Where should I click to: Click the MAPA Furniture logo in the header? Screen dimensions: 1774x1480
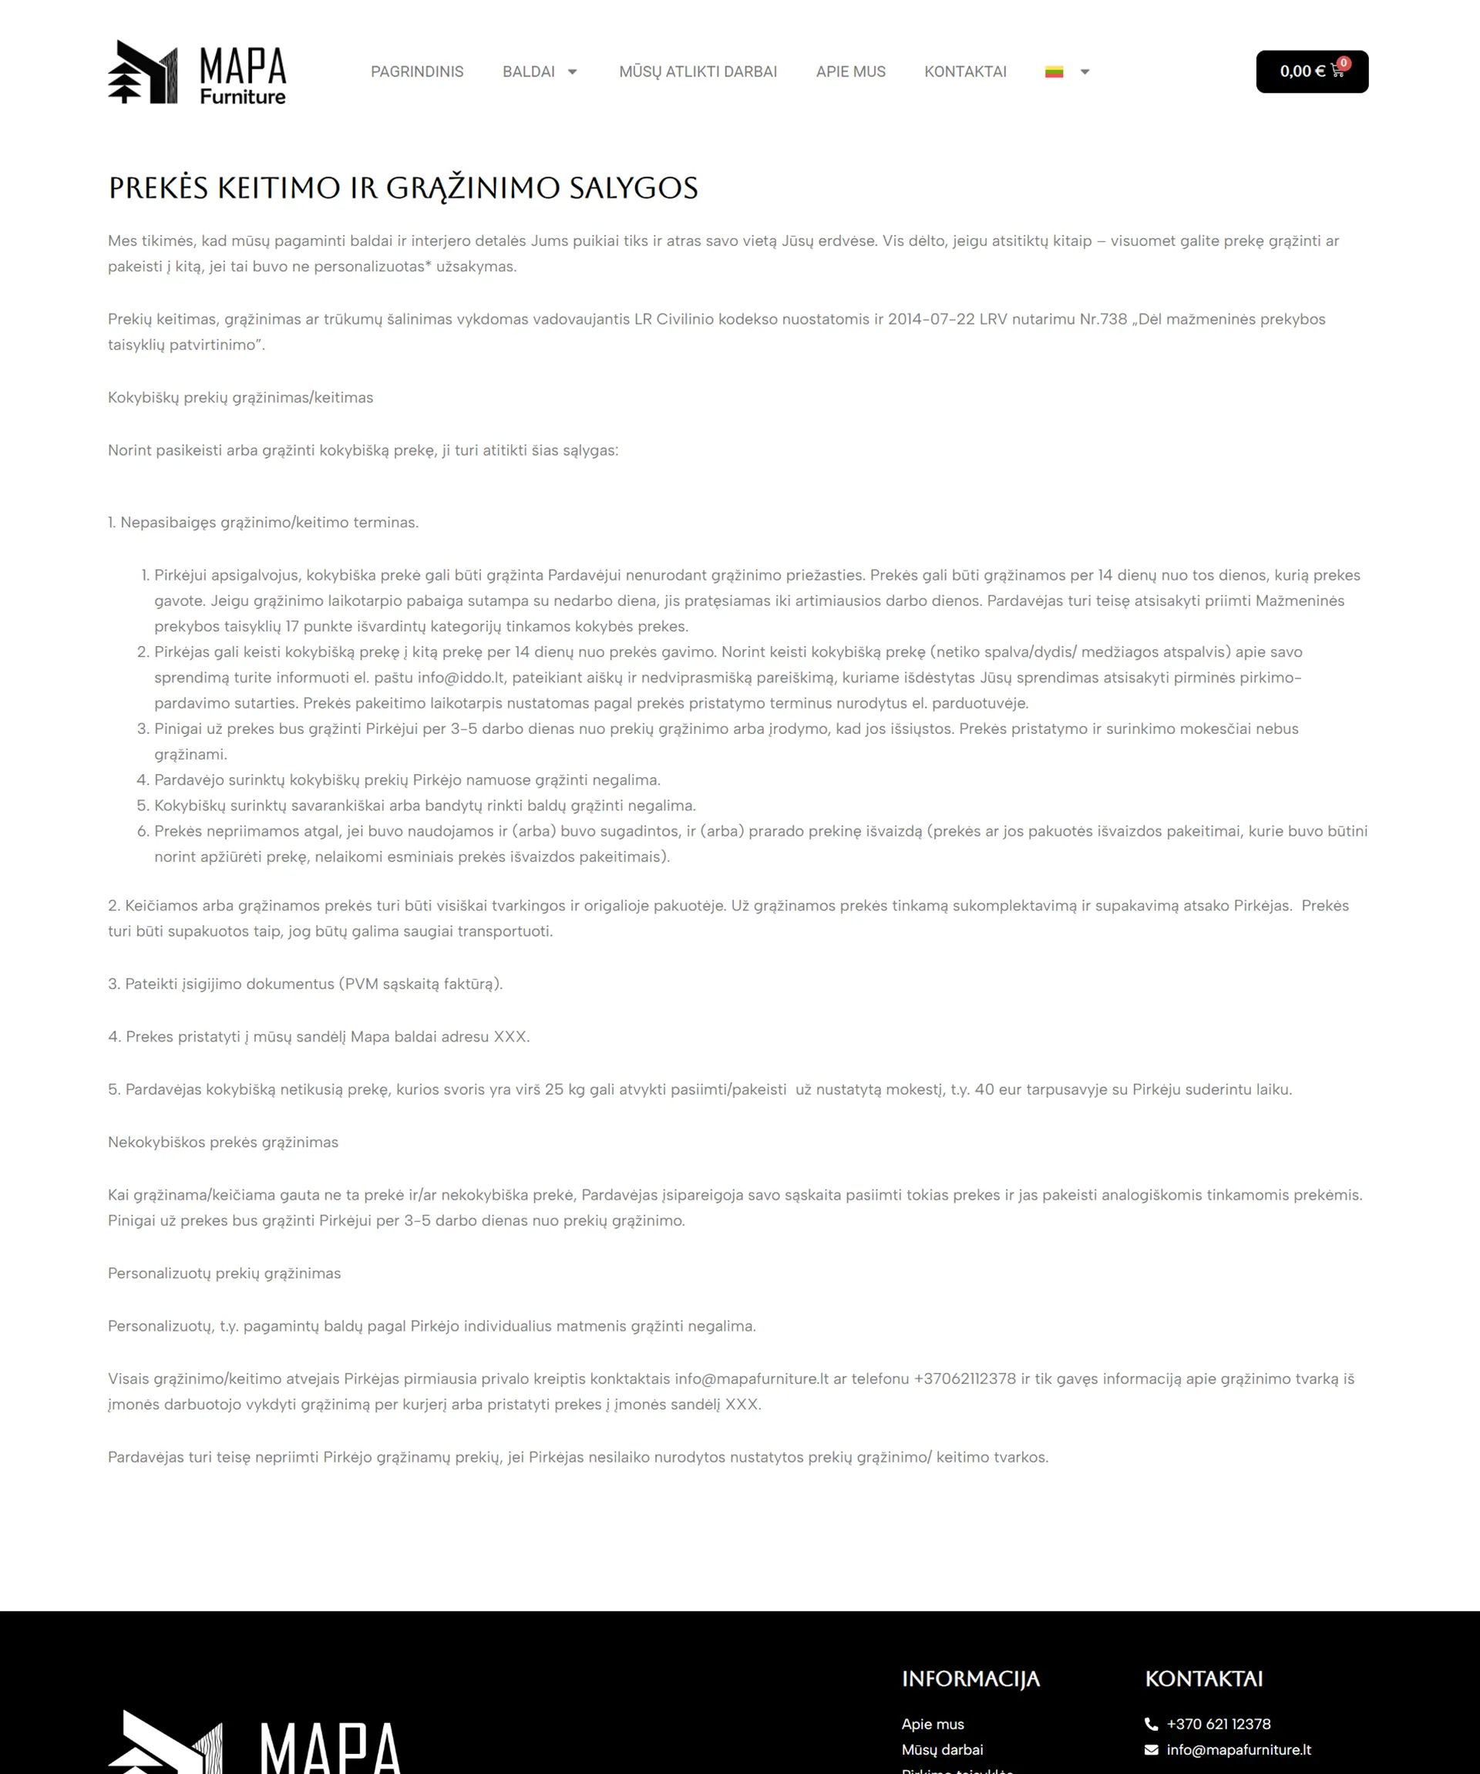pyautogui.click(x=197, y=72)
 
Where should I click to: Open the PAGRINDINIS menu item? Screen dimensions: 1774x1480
pyautogui.click(x=416, y=72)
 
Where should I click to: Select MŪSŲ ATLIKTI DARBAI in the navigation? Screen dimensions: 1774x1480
pyautogui.click(x=698, y=72)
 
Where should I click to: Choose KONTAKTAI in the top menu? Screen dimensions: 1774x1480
pyautogui.click(x=965, y=72)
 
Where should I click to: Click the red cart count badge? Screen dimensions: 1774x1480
pyautogui.click(x=1343, y=63)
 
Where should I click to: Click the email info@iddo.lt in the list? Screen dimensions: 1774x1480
pyautogui.click(x=460, y=678)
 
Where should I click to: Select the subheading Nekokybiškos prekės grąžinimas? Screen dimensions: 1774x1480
pyautogui.click(x=223, y=1142)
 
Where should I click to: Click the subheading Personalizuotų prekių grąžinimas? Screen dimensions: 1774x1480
pyautogui.click(x=224, y=1273)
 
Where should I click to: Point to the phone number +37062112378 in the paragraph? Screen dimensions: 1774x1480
pyautogui.click(x=965, y=1378)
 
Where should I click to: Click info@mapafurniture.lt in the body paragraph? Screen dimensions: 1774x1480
pyautogui.click(x=751, y=1378)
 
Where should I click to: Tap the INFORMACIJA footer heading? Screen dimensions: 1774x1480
pyautogui.click(x=970, y=1678)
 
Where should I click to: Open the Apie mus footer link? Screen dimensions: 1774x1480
pyautogui.click(x=933, y=1724)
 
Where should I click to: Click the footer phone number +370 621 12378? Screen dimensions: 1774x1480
pyautogui.click(x=1218, y=1724)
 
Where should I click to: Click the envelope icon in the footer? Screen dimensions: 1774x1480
pyautogui.click(x=1151, y=1749)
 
